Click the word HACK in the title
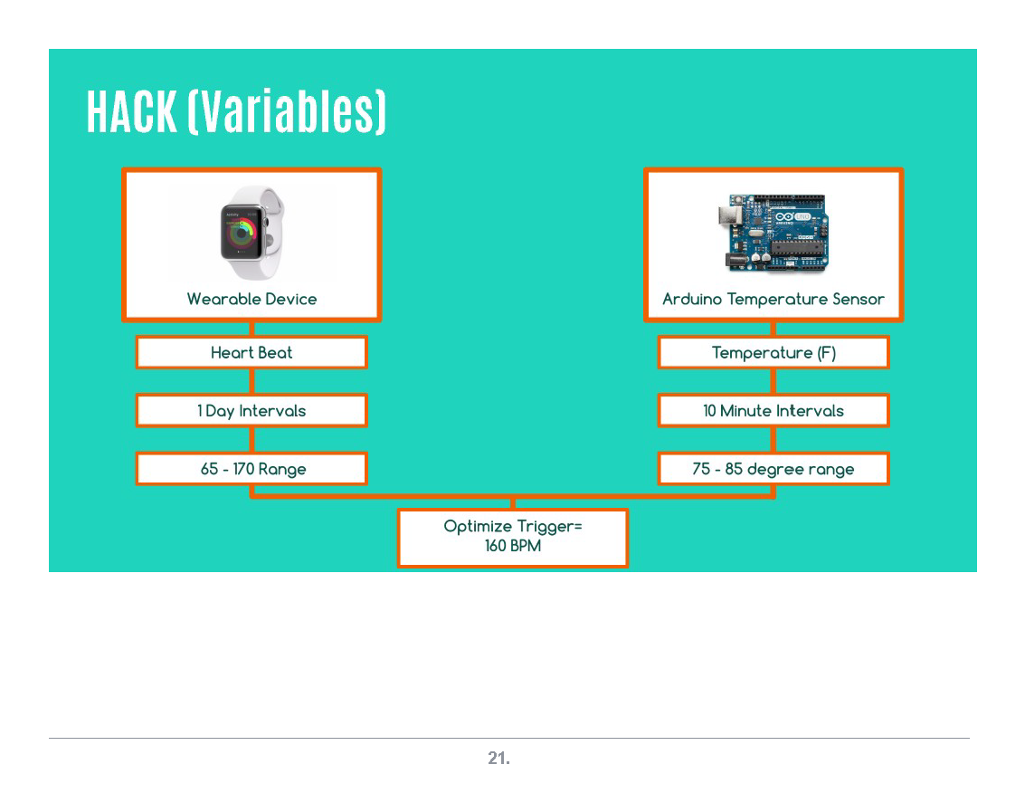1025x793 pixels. [131, 112]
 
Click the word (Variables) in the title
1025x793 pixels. [287, 112]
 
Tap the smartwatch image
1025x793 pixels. [251, 234]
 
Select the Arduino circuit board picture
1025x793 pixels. [773, 233]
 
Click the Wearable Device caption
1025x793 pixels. [252, 299]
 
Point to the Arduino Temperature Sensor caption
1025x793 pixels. [773, 299]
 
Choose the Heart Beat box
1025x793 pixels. [252, 353]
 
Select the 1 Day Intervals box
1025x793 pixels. [252, 411]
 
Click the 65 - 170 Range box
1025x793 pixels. [252, 469]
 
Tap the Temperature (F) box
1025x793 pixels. [773, 353]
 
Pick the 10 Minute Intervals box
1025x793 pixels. [773, 411]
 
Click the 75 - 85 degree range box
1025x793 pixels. [773, 469]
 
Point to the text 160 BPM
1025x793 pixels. [513, 546]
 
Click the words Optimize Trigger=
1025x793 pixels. [513, 527]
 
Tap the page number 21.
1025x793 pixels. [499, 760]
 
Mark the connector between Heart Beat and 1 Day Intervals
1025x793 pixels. [252, 382]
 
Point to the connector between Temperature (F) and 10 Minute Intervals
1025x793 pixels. [773, 382]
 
